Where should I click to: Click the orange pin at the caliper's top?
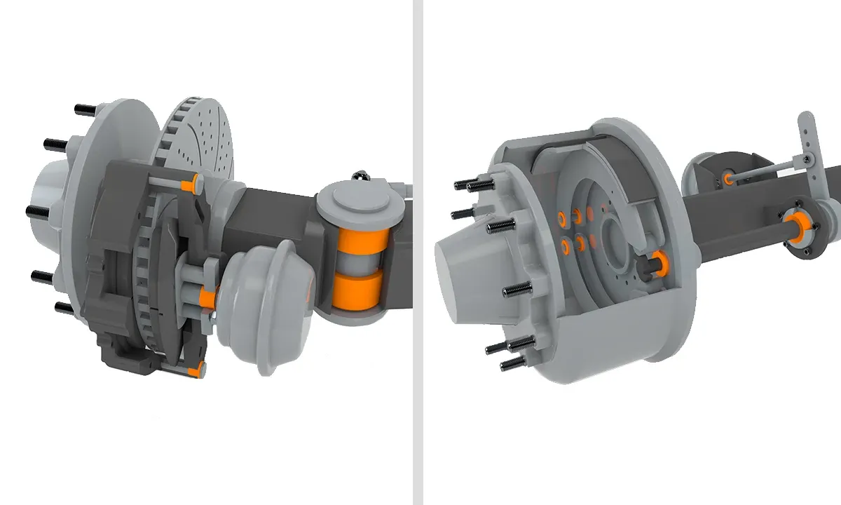tap(188, 184)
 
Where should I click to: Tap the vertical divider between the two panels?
tap(418, 252)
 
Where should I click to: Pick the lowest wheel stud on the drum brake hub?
tap(512, 363)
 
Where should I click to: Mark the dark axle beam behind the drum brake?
tap(743, 217)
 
